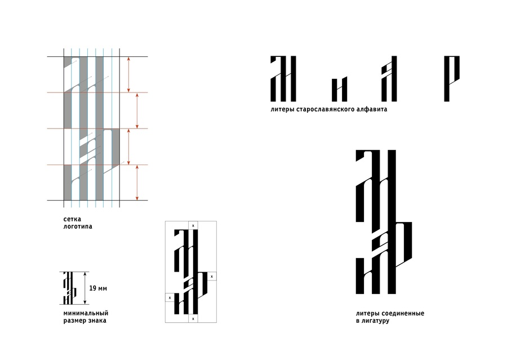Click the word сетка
pos(72,219)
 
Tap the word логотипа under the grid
pos(78,226)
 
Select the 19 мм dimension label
pos(97,288)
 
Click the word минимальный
pos(86,313)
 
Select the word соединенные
pos(403,313)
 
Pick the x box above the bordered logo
pos(193,225)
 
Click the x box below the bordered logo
pos(193,319)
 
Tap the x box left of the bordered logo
pos(170,297)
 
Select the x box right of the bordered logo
pos(212,277)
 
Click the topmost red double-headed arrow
pos(128,75)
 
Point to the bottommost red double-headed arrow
pos(137,183)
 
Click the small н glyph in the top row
pos(340,89)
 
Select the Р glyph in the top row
pos(452,79)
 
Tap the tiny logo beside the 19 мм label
pos(69,288)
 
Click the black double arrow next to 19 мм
pos(85,288)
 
